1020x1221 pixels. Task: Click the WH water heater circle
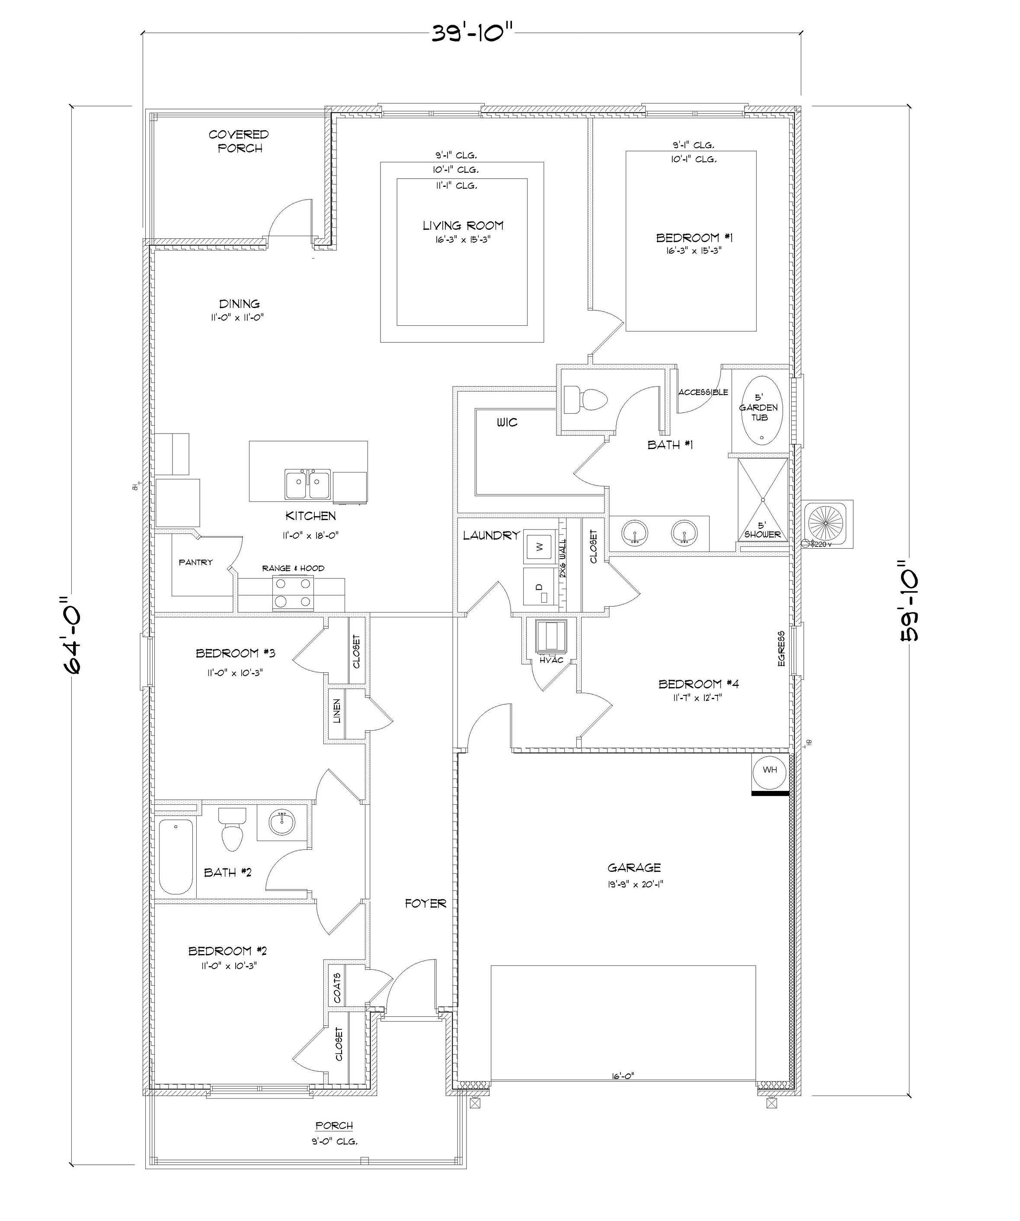(770, 771)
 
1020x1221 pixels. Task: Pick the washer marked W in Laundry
(539, 546)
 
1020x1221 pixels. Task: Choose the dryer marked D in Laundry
(538, 589)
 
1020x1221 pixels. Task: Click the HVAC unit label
(551, 660)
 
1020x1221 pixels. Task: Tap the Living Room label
(463, 225)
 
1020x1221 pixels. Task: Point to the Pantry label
(195, 562)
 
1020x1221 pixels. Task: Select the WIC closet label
(507, 422)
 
